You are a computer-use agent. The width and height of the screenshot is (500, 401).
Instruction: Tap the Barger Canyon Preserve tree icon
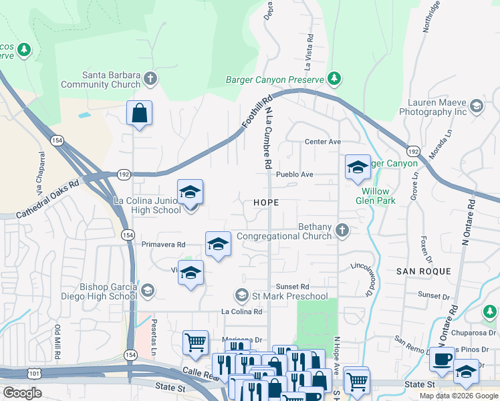click(x=335, y=80)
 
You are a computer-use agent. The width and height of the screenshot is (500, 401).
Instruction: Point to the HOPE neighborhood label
click(x=266, y=202)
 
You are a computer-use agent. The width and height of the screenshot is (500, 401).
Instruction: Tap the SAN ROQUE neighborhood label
click(x=423, y=271)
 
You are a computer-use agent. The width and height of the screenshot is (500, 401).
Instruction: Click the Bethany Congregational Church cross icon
click(x=342, y=231)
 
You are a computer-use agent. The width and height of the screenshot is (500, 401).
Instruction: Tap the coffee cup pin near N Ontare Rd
click(x=441, y=360)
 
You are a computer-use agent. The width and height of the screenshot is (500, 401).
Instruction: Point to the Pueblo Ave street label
click(x=297, y=174)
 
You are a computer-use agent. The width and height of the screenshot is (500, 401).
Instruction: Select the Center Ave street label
click(x=323, y=142)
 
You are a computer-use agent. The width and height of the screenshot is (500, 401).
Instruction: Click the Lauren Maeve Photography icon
click(x=476, y=106)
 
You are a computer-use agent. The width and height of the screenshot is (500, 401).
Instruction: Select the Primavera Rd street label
click(x=163, y=245)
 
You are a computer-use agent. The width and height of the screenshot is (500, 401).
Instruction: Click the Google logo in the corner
click(x=22, y=392)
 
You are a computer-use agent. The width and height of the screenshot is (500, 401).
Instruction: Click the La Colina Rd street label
click(x=241, y=311)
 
